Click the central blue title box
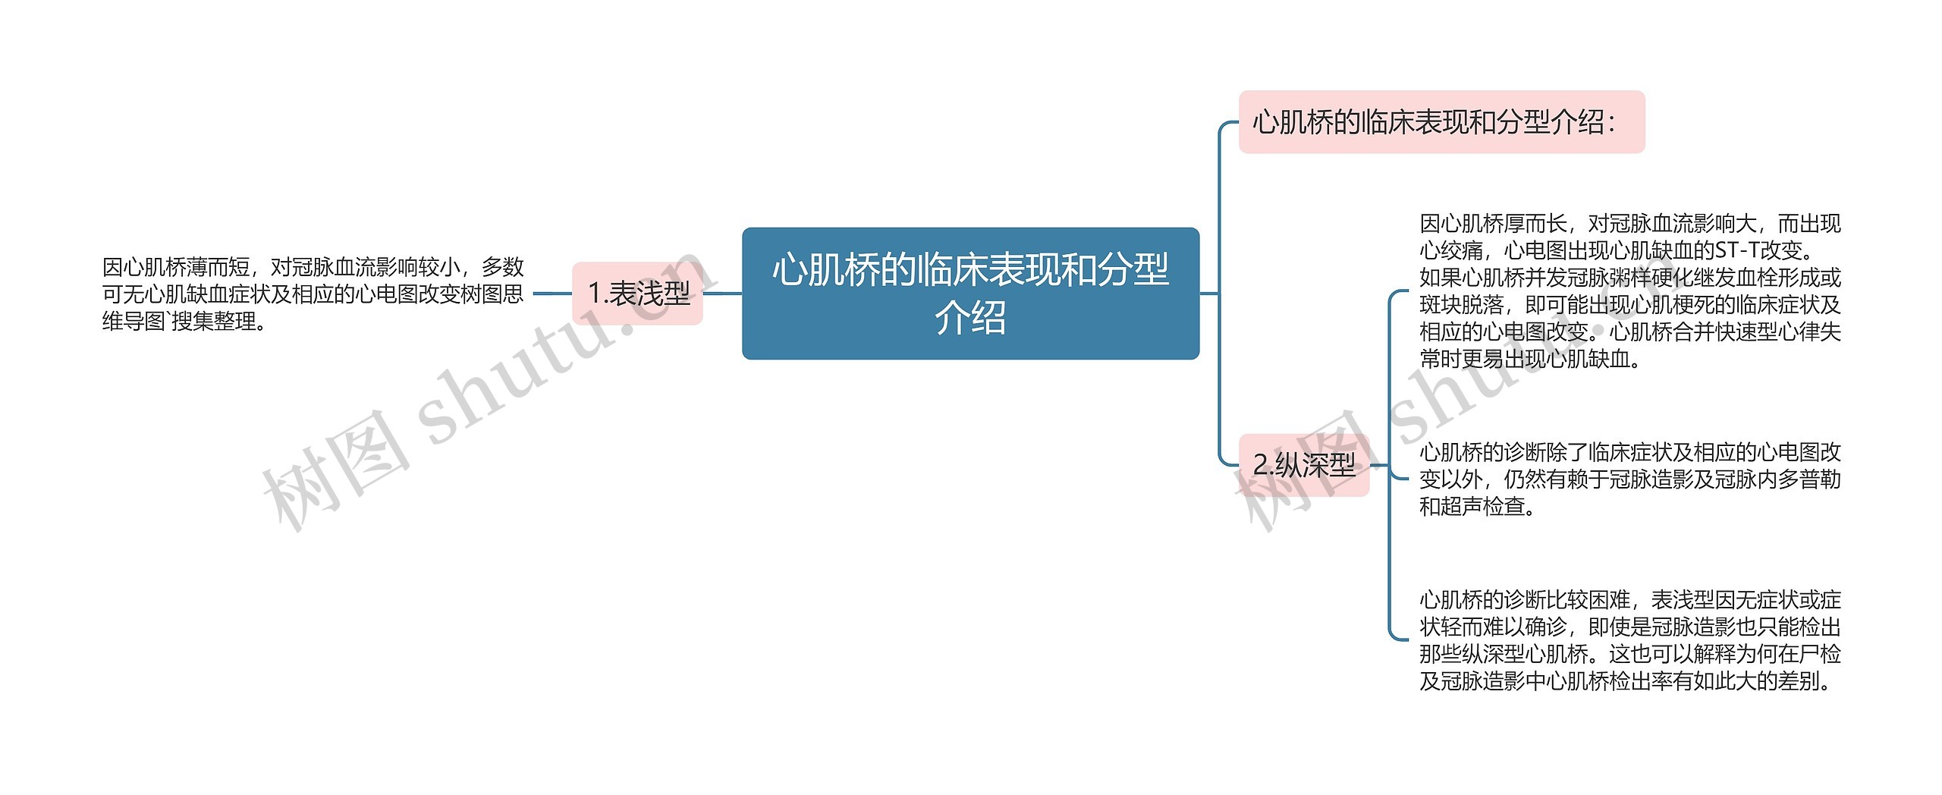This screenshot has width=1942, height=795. coord(970,293)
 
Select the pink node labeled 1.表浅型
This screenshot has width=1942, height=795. coord(637,294)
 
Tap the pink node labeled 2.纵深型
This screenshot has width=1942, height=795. coord(1303,465)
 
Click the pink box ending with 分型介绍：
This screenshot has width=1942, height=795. coord(1441,122)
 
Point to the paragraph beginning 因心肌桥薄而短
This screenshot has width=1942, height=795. coord(313,294)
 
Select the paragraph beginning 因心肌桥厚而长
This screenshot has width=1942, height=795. coord(1629,291)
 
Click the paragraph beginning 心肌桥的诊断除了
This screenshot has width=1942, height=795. coord(1629,479)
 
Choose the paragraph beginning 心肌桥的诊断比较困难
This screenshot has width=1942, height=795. coord(1629,641)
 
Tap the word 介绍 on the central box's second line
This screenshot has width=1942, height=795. coord(970,318)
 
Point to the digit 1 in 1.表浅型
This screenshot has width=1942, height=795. coord(595,294)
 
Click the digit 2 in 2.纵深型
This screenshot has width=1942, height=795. coord(1260,465)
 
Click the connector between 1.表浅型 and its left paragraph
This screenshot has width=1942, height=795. coord(552,294)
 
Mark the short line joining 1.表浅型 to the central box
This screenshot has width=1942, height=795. coord(722,294)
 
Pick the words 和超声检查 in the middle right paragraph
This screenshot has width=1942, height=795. coord(1472,507)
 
